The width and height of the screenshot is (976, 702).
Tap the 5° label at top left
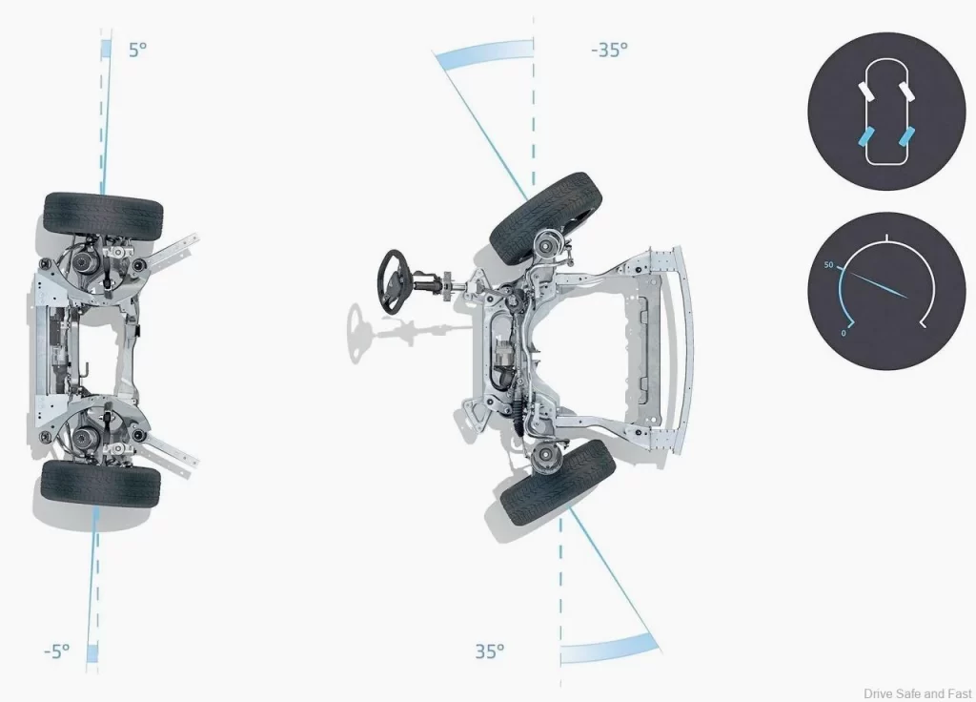(137, 50)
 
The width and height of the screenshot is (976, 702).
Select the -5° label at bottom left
(56, 650)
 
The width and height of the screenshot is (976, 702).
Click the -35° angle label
(609, 50)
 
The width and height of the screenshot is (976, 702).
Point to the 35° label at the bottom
(490, 650)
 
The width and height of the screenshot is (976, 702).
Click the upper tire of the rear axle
(103, 215)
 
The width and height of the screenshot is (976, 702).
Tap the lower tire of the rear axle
(101, 484)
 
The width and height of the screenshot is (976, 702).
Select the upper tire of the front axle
(546, 217)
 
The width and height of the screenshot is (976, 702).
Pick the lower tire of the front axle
(559, 482)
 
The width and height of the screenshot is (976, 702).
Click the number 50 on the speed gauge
(828, 265)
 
